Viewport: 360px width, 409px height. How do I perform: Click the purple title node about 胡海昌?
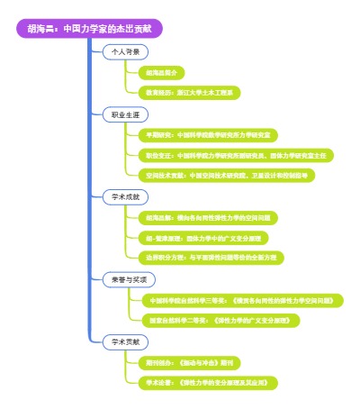click(96, 28)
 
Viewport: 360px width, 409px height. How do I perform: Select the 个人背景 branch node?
click(125, 51)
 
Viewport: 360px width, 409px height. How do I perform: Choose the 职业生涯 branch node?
click(125, 116)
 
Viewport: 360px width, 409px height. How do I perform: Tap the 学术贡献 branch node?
click(125, 341)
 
